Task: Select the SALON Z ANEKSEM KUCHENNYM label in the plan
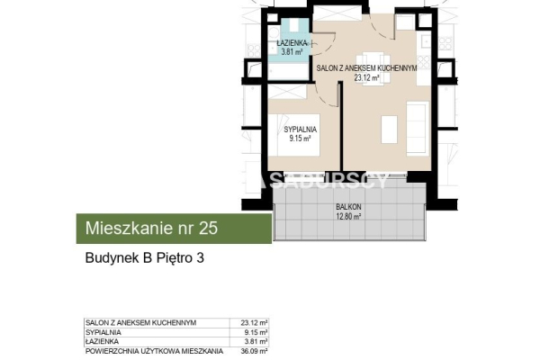(365, 68)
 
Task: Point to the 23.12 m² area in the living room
(365, 77)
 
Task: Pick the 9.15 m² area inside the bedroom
(299, 139)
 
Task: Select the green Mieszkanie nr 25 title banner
(172, 229)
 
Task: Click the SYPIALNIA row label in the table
(101, 331)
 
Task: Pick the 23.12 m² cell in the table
(255, 322)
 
